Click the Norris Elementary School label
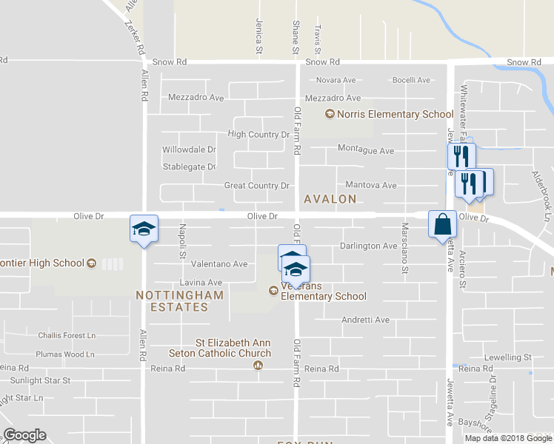click(395, 114)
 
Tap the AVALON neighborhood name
click(330, 199)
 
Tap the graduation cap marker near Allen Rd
click(144, 228)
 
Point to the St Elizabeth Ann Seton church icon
click(258, 365)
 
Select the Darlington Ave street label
click(368, 246)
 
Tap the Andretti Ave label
click(365, 320)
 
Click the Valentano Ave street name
click(219, 263)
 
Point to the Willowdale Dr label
click(189, 149)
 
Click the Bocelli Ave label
click(411, 80)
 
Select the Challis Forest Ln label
click(67, 335)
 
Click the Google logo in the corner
click(24, 435)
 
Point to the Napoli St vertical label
click(182, 243)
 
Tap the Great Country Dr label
click(256, 186)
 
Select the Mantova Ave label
click(371, 185)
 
